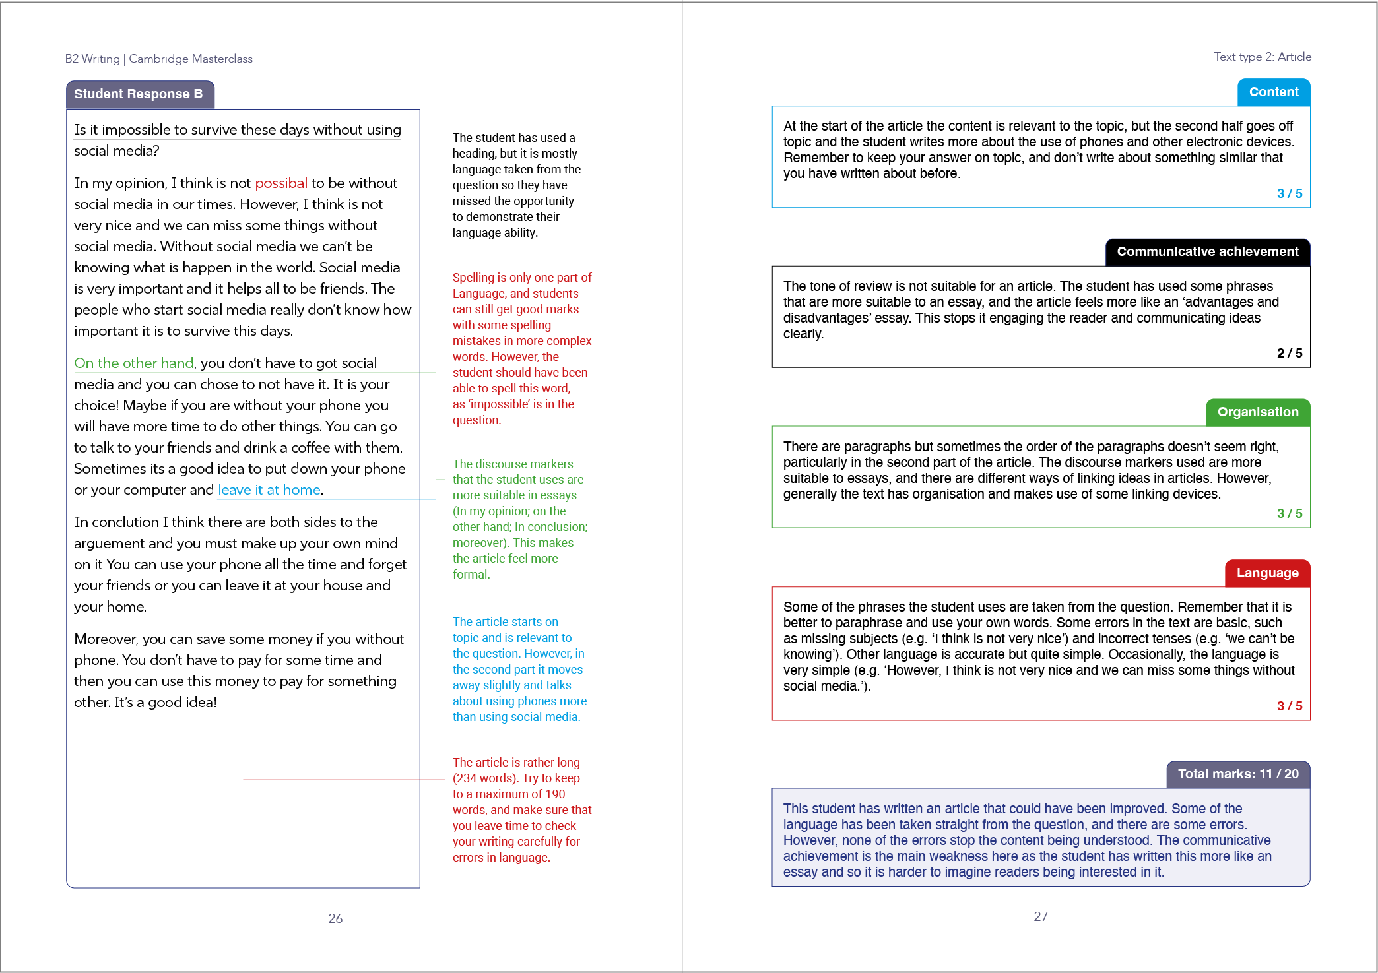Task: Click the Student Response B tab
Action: click(140, 94)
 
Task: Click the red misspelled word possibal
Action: click(281, 183)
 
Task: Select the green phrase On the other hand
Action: click(134, 363)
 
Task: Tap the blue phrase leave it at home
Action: click(269, 489)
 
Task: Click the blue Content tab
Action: click(1274, 92)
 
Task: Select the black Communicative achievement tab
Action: click(1208, 252)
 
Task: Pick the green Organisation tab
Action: click(1258, 412)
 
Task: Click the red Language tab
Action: click(1268, 573)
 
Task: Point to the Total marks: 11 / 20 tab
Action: click(1239, 774)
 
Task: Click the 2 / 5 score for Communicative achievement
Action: click(1290, 353)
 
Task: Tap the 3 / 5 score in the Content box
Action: click(1290, 193)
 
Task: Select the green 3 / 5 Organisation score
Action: click(1290, 513)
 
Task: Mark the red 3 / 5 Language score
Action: click(1290, 706)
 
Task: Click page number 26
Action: click(335, 918)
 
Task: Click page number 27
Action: click(1041, 916)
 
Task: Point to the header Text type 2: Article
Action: click(1263, 57)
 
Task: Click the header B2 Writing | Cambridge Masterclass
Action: click(159, 59)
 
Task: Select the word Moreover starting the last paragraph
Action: click(106, 639)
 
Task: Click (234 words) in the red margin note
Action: click(485, 778)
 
